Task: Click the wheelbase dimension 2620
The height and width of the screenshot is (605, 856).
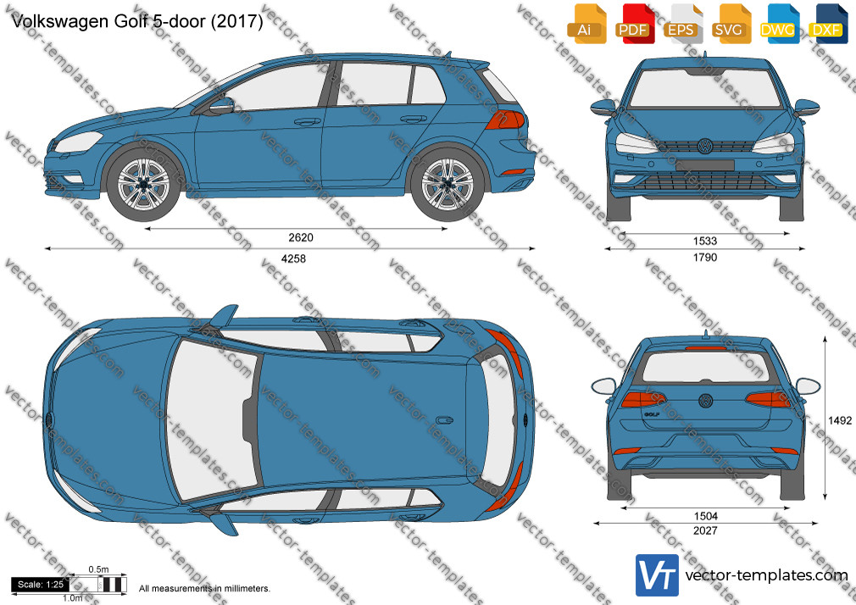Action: click(x=301, y=237)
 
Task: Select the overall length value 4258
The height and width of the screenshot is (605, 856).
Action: click(x=293, y=258)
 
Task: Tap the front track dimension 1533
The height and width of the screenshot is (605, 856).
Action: click(x=705, y=241)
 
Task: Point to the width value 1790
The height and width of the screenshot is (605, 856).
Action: click(x=705, y=258)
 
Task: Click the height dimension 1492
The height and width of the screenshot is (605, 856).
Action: click(x=840, y=420)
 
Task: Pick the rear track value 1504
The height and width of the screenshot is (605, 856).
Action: click(x=705, y=516)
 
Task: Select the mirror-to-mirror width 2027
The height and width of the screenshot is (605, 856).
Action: click(x=705, y=530)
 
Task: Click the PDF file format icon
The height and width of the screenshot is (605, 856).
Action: click(x=633, y=24)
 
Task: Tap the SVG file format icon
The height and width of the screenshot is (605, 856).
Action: click(x=730, y=24)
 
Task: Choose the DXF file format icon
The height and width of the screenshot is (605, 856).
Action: click(x=826, y=24)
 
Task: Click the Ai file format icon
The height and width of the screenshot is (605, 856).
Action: click(x=586, y=24)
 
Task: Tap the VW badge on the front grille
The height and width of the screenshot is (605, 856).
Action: click(x=705, y=146)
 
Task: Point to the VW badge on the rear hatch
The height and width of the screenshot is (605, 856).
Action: click(x=706, y=401)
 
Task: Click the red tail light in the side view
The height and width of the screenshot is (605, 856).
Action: click(x=505, y=119)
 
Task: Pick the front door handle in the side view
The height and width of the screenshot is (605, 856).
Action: click(x=307, y=121)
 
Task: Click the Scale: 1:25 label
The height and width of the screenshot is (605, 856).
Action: click(x=41, y=585)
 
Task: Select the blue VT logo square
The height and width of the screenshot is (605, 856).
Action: click(x=658, y=575)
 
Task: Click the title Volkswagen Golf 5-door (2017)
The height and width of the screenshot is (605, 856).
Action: click(x=137, y=20)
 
